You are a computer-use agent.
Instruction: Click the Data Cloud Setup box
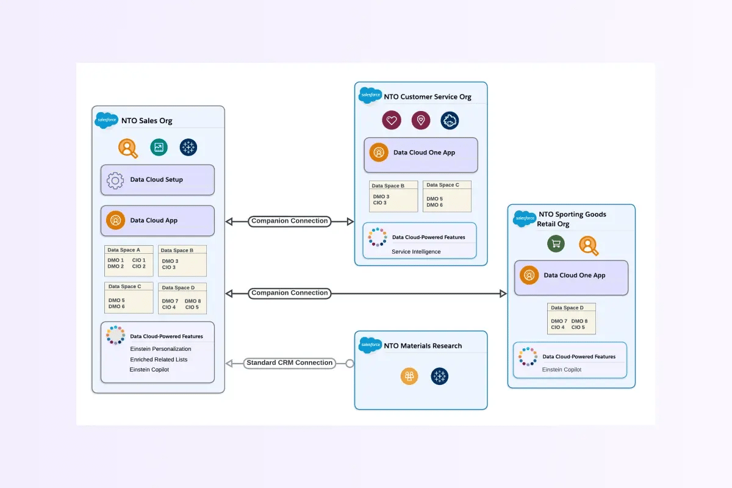[x=157, y=180]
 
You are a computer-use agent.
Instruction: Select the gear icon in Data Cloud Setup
[x=115, y=180]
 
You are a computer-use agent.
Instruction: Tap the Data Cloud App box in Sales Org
[x=157, y=220]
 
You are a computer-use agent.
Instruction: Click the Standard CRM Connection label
[x=290, y=363]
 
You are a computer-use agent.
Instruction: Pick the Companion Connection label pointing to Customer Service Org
[x=290, y=221]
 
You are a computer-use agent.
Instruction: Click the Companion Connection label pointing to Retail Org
[x=290, y=293]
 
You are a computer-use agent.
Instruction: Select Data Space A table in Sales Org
[x=129, y=261]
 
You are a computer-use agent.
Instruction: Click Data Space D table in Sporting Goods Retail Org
[x=572, y=319]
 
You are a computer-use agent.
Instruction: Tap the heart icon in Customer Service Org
[x=392, y=120]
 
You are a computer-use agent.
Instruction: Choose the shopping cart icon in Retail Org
[x=556, y=244]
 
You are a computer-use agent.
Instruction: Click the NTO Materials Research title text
[x=423, y=346]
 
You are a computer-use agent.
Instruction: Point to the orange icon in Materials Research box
[x=409, y=376]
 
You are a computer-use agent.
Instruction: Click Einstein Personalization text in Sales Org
[x=160, y=349]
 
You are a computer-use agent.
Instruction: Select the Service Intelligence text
[x=416, y=251]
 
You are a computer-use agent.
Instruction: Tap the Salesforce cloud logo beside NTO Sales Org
[x=107, y=120]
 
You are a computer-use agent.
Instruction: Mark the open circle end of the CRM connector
[x=350, y=364]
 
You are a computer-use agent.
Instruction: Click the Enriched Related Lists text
[x=159, y=359]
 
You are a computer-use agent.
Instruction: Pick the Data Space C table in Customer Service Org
[x=447, y=196]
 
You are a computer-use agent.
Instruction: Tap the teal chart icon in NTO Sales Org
[x=159, y=147]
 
